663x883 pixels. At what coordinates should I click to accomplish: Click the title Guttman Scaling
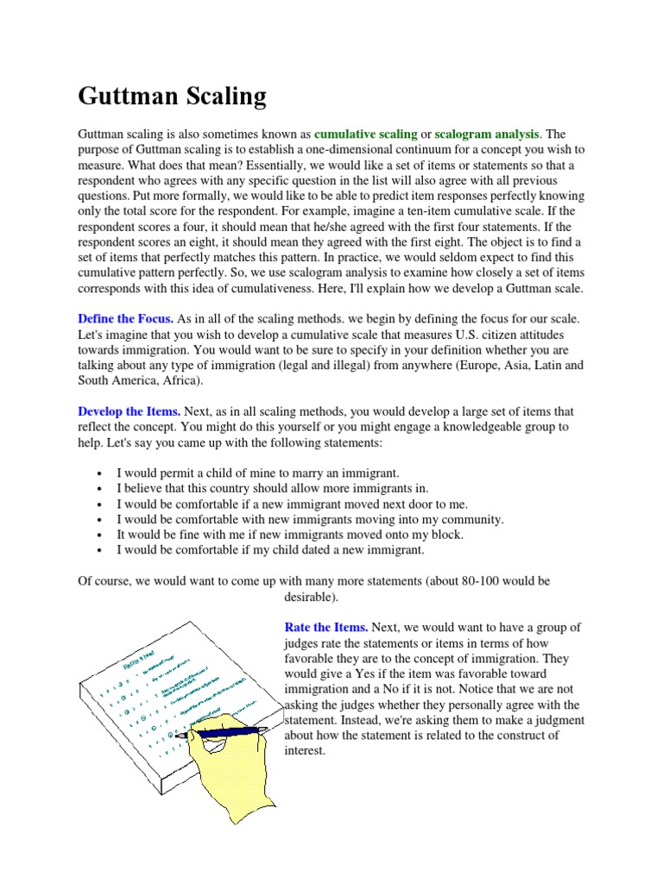pyautogui.click(x=172, y=96)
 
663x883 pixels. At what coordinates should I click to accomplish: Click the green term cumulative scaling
pyautogui.click(x=366, y=134)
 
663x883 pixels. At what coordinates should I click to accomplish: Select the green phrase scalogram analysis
pyautogui.click(x=487, y=134)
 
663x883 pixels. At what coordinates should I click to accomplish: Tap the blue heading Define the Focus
pyautogui.click(x=125, y=319)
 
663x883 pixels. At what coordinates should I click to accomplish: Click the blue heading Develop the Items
pyautogui.click(x=129, y=411)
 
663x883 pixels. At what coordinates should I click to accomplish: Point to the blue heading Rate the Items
pyautogui.click(x=326, y=627)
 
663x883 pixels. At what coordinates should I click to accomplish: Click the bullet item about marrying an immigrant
pyautogui.click(x=258, y=473)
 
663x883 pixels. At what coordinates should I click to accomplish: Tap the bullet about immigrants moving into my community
pyautogui.click(x=310, y=519)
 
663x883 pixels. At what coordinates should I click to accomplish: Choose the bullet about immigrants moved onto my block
pyautogui.click(x=290, y=534)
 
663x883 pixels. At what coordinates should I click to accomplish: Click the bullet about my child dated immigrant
pyautogui.click(x=271, y=549)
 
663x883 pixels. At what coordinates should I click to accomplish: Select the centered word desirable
pyautogui.click(x=312, y=596)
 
